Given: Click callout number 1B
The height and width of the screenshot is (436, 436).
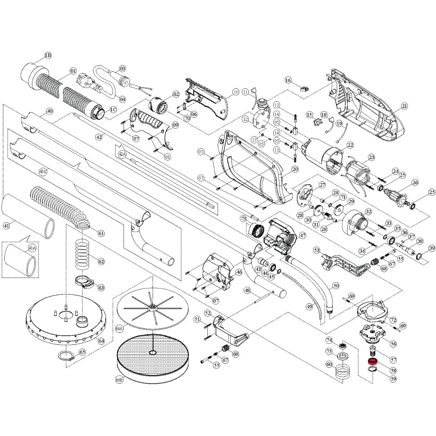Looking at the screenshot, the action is [48, 55].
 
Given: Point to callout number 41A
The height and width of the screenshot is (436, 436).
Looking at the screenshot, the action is [32, 248].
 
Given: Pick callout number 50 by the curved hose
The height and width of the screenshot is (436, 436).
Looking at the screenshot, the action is [336, 286].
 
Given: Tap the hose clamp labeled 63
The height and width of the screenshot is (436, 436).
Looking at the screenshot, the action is [84, 283].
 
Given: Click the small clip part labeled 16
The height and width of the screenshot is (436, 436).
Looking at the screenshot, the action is [304, 88].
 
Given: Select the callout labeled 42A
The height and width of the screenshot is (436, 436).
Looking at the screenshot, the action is [122, 154].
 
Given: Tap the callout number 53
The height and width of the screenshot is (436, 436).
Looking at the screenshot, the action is [316, 250].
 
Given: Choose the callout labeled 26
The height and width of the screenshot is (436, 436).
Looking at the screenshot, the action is [415, 182].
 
